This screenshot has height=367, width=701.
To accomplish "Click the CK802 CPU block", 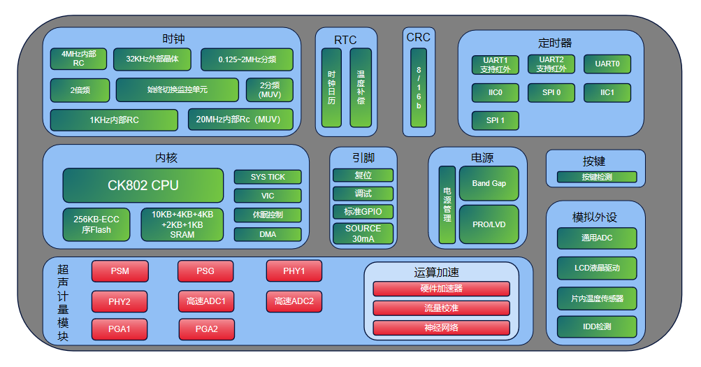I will (x=143, y=185).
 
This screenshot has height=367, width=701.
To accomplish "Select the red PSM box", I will (x=120, y=271).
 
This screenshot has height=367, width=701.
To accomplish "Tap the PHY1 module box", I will (x=294, y=271).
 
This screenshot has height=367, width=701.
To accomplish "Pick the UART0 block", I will (x=607, y=64).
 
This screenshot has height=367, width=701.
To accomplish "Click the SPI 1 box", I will (x=495, y=121).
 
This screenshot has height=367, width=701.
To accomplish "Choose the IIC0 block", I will (x=495, y=92).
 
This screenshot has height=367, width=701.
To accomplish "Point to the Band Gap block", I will (x=489, y=183).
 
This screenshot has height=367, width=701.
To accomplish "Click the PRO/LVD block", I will (x=489, y=224).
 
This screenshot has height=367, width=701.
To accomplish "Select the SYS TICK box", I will (x=268, y=178).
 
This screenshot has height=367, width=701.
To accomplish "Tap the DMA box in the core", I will (x=268, y=234).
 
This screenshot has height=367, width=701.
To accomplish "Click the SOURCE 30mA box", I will (x=363, y=233).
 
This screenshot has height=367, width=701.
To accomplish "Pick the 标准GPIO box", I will (x=363, y=211).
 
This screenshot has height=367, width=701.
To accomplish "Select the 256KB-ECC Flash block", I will (x=96, y=224).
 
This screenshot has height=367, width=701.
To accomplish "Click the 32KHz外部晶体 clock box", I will (x=152, y=59).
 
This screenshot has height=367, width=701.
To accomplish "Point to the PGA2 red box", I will (x=206, y=329).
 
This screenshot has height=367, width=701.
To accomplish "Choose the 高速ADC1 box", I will (x=206, y=302).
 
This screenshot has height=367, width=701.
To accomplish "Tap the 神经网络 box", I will (x=441, y=328).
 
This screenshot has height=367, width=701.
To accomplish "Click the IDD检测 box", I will (x=597, y=326).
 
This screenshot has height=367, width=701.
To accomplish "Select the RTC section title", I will (x=345, y=39).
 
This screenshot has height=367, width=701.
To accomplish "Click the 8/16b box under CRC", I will (x=419, y=87).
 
